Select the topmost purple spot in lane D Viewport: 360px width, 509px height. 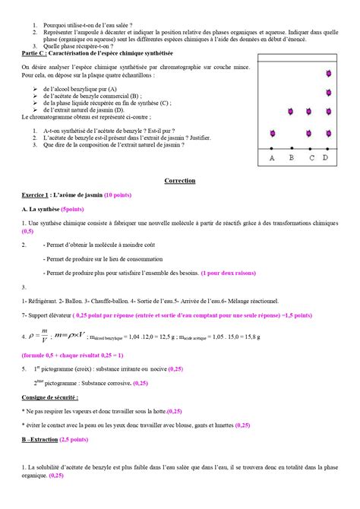pos(327,74)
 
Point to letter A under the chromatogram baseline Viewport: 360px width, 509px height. pos(273,158)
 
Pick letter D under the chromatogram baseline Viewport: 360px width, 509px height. pos(326,158)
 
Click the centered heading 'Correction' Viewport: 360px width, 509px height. pos(180,181)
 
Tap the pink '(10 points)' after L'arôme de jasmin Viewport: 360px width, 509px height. pos(122,195)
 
